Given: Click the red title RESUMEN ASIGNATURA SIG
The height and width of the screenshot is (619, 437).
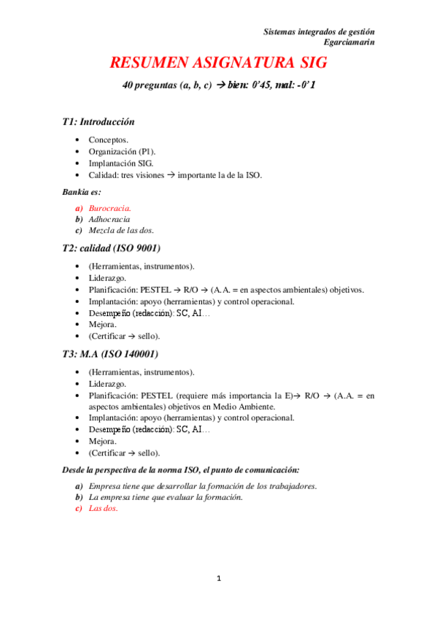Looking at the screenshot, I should [x=218, y=63].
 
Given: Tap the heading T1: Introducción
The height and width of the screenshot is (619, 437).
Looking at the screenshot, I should [x=98, y=122].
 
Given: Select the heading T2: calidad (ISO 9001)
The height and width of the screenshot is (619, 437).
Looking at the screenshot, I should [x=112, y=248].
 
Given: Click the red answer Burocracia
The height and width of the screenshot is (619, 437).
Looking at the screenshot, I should [x=110, y=208].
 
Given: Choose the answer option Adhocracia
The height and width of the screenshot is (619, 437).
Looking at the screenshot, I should [x=109, y=219].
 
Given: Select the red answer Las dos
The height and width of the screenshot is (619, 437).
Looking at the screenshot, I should [x=103, y=509].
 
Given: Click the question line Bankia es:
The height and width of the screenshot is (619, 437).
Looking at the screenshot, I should [x=82, y=192].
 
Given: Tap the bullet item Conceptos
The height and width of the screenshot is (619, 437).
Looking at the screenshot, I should [x=109, y=139].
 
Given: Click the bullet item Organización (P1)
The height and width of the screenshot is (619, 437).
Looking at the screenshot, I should [x=122, y=151].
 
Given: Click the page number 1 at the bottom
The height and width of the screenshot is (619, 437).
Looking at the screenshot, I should [x=218, y=579].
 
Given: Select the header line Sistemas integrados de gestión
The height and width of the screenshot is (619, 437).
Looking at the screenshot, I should [x=319, y=31].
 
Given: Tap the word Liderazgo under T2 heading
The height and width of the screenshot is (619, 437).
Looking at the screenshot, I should [x=108, y=278].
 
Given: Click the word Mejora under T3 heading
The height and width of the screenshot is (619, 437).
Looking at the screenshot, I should [x=103, y=441].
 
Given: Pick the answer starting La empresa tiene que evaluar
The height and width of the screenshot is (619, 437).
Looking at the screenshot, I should [x=165, y=497].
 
